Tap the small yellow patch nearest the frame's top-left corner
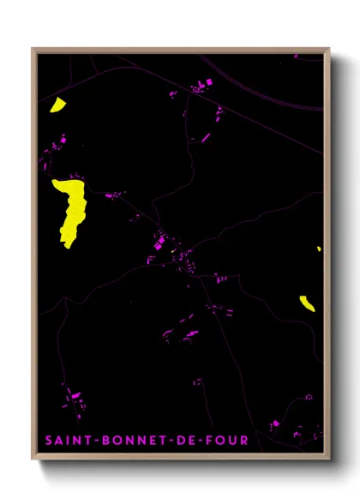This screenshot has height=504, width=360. (x=57, y=105)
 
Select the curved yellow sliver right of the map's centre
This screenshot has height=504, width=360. (x=308, y=303)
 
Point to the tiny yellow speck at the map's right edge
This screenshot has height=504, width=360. (x=319, y=249)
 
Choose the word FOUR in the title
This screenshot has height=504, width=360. (x=230, y=441)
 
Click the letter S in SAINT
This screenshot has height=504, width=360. (x=50, y=441)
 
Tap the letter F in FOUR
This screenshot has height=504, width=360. (x=213, y=441)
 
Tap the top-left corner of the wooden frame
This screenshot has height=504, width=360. (x=33, y=49)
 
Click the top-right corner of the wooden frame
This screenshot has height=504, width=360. (x=330, y=49)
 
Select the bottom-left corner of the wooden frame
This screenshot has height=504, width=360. (x=33, y=460)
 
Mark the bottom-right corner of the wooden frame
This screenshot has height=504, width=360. (x=330, y=460)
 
